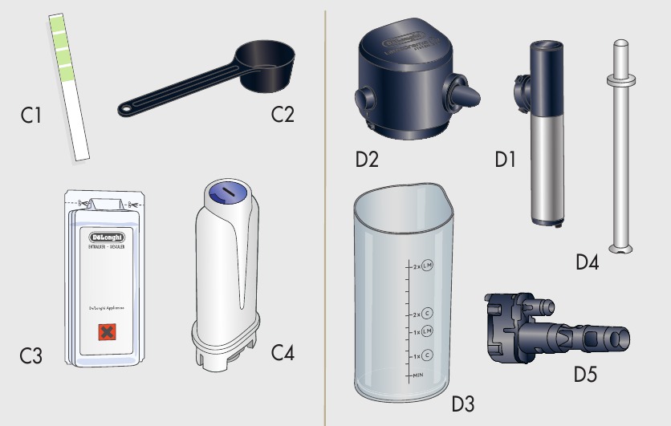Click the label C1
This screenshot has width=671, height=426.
[31, 116]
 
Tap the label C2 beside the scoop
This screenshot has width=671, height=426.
[283, 114]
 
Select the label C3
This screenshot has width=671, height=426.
[31, 354]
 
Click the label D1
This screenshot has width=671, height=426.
[505, 160]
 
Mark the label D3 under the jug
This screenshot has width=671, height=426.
[463, 404]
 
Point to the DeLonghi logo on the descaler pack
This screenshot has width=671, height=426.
[105, 238]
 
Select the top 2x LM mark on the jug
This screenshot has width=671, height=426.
[421, 266]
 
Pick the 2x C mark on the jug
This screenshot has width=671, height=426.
[421, 314]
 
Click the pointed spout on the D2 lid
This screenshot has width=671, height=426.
[470, 95]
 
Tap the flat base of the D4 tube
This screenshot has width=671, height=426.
[619, 248]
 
